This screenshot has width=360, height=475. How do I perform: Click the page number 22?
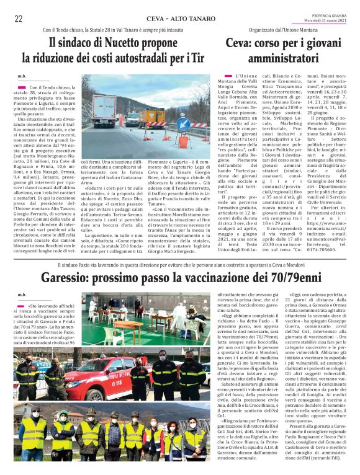point(19,19)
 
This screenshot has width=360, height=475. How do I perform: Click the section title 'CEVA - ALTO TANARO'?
point(180,19)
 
